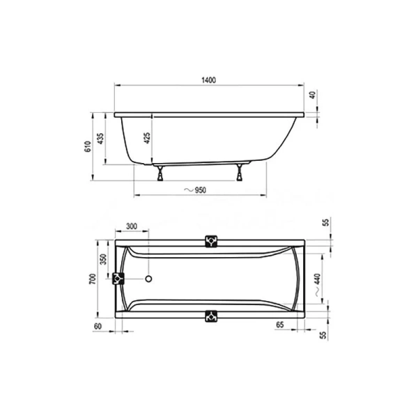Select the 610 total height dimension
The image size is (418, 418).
[x=88, y=146]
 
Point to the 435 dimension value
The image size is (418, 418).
[x=101, y=139]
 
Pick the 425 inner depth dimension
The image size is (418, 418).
[x=147, y=139]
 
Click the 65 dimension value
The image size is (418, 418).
[x=279, y=325]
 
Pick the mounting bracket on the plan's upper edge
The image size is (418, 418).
[x=212, y=241]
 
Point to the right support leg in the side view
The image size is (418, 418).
[x=241, y=171]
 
